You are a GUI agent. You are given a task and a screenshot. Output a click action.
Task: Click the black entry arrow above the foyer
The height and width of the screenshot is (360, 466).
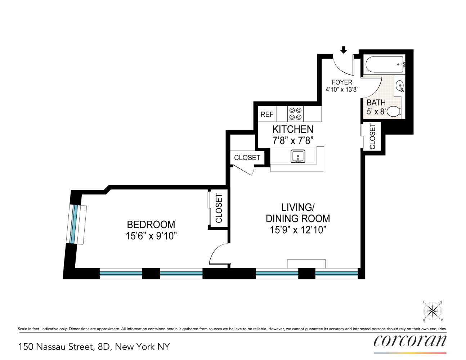(x=344, y=50)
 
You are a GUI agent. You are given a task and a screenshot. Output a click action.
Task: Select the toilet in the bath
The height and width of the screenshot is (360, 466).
(x=394, y=112)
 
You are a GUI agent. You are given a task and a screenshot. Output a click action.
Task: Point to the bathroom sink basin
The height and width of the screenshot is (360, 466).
(x=400, y=86)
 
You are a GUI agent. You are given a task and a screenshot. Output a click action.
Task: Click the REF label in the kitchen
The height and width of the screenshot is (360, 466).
(x=267, y=114)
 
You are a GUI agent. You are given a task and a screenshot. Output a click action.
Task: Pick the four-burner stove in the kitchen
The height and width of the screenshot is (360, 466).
(x=295, y=114)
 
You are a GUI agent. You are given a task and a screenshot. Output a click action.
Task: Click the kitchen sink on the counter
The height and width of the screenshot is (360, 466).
(x=298, y=157)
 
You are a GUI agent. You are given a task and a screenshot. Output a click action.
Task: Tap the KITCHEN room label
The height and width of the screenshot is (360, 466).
(x=293, y=129)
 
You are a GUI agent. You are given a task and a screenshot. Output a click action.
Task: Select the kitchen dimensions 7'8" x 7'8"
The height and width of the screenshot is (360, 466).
(x=293, y=140)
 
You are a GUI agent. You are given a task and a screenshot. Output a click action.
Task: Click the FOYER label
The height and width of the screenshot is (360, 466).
(x=342, y=82)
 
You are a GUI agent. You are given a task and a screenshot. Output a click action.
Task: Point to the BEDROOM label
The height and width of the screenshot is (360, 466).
(x=151, y=225)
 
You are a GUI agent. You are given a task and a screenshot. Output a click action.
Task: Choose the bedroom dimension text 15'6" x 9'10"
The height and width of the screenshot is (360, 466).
(x=151, y=236)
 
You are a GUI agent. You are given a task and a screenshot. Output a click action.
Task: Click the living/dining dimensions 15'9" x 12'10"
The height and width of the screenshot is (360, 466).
(x=298, y=230)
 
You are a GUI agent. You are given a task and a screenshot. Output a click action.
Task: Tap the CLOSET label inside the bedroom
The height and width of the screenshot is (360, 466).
(x=219, y=208)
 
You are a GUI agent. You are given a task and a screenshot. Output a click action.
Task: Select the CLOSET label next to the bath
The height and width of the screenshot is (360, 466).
(x=372, y=136)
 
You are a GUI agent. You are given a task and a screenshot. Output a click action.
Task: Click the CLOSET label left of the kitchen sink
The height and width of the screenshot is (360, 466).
(x=247, y=158)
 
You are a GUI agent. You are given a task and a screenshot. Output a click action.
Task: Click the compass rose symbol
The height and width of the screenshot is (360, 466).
(x=433, y=311)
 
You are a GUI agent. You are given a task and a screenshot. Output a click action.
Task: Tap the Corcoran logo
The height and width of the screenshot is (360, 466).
(x=410, y=341)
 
